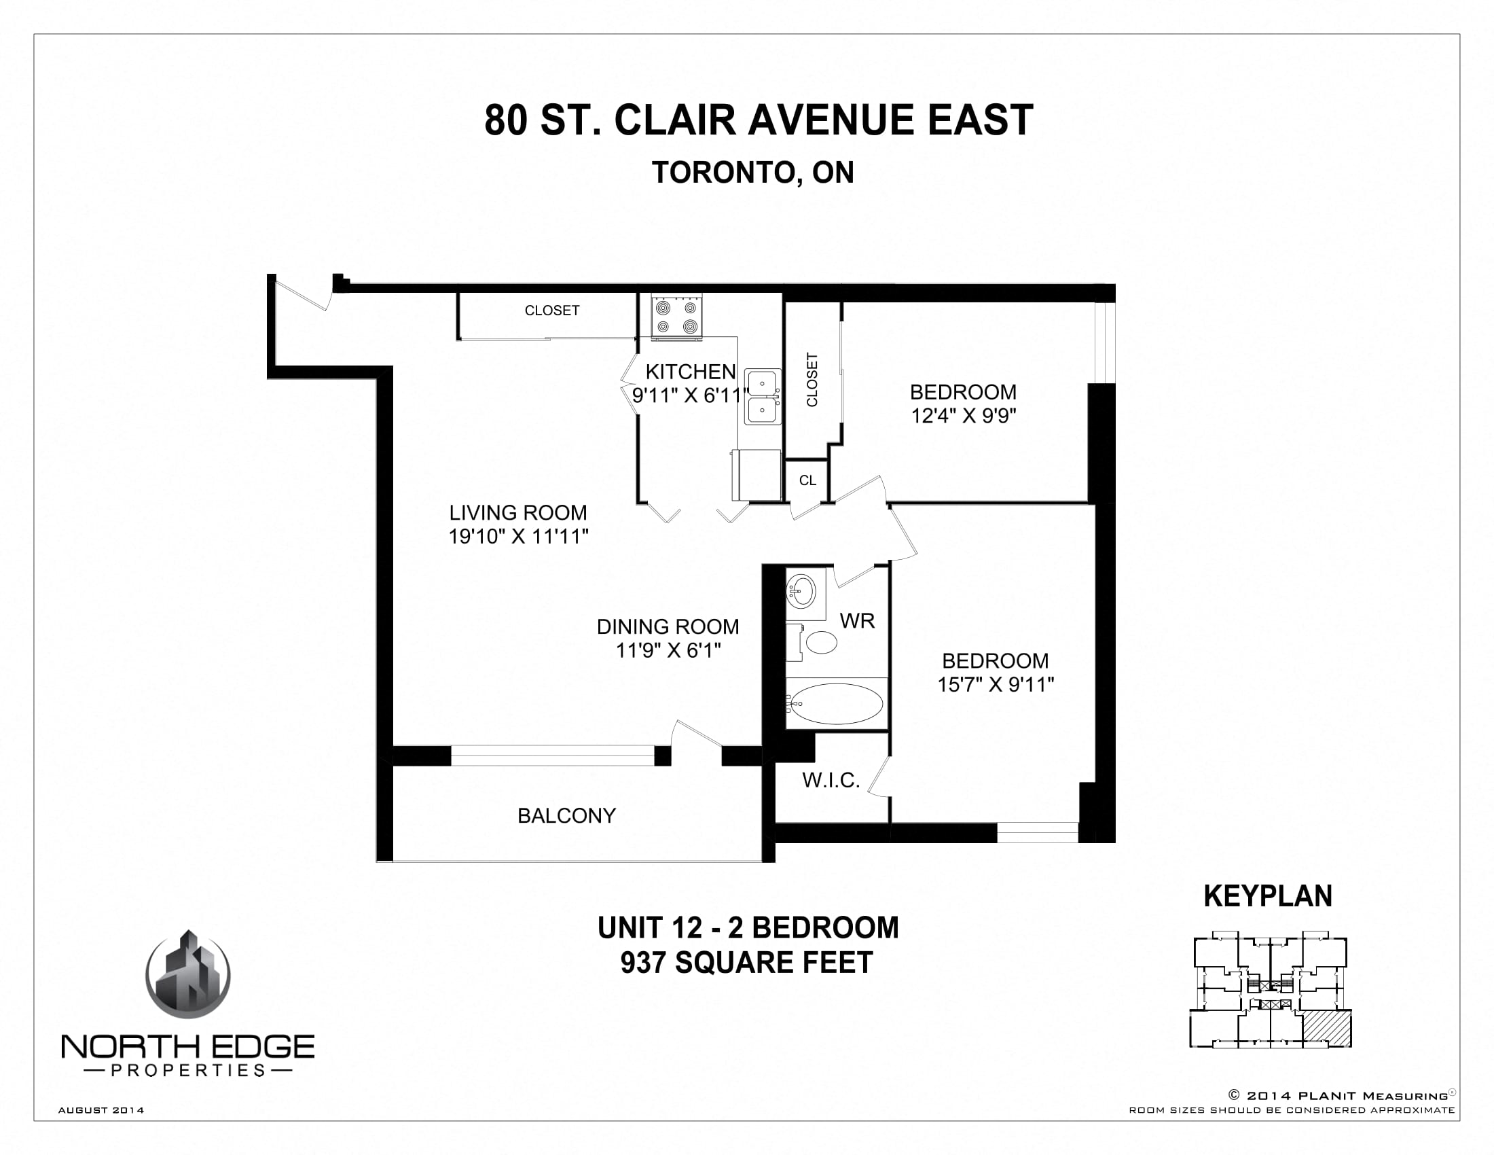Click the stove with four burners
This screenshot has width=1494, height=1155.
click(676, 317)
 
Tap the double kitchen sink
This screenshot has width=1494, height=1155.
click(762, 397)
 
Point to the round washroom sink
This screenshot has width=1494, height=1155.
click(801, 590)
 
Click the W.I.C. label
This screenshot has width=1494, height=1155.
click(831, 780)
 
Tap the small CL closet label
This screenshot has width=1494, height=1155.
click(807, 480)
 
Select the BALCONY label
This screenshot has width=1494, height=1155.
click(566, 815)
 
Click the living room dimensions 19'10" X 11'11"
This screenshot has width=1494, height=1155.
click(519, 537)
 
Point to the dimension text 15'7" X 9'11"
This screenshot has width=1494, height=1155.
click(996, 684)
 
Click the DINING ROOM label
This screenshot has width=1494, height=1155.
click(668, 627)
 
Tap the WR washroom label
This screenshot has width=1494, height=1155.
click(857, 620)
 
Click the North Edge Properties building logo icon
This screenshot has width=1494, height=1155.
click(188, 975)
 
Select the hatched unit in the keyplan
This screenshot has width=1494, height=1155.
click(1327, 1029)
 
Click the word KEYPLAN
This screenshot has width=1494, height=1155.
click(1268, 896)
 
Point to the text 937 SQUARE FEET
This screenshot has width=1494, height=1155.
click(746, 963)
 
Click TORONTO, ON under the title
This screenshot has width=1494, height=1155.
click(752, 173)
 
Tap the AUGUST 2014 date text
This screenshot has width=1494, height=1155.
click(101, 1110)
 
